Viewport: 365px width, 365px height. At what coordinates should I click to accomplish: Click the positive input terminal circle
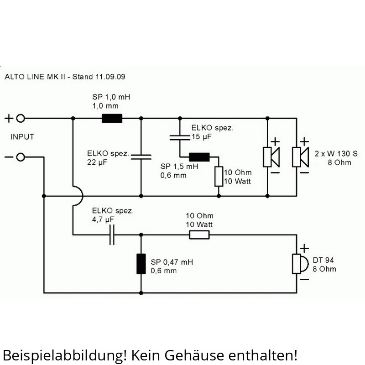[x=21, y=119]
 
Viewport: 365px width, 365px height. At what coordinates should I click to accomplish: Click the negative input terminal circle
[x=21, y=157]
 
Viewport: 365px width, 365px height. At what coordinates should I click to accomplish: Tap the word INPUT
[x=22, y=137]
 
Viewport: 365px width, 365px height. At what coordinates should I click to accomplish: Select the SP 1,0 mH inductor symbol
[x=112, y=119]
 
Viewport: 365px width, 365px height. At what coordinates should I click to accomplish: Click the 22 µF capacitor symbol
[x=141, y=157]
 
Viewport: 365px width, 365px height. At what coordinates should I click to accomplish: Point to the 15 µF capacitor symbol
[x=179, y=136]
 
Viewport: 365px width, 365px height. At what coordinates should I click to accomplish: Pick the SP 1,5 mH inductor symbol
[x=199, y=157]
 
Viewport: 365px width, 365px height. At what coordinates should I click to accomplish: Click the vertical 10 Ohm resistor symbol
[x=219, y=176]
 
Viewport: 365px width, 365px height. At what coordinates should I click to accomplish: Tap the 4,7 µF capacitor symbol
[x=112, y=235]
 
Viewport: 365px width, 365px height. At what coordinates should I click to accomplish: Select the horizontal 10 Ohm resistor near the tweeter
[x=199, y=235]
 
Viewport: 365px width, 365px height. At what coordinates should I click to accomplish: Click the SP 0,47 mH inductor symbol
[x=141, y=264]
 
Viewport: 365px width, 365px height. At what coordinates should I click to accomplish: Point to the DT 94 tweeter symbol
[x=299, y=264]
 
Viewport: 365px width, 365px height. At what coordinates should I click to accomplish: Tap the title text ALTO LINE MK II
[x=35, y=77]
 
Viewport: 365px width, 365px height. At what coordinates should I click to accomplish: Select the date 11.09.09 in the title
[x=110, y=77]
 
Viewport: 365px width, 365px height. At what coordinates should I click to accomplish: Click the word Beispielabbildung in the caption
[x=61, y=354]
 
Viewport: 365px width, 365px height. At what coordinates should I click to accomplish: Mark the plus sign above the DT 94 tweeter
[x=304, y=248]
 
